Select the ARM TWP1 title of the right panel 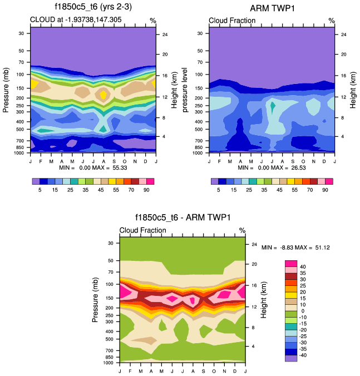(x=272, y=7)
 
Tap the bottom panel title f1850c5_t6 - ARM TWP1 (x=183, y=217)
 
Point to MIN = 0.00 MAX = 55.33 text (x=93, y=167)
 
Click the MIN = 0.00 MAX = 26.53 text (x=272, y=167)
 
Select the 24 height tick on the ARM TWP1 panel (x=344, y=34)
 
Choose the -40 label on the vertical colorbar (x=303, y=355)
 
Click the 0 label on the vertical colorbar (x=303, y=311)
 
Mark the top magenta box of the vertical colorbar (x=291, y=264)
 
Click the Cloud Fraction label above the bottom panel (x=142, y=230)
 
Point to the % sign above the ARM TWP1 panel (x=331, y=21)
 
